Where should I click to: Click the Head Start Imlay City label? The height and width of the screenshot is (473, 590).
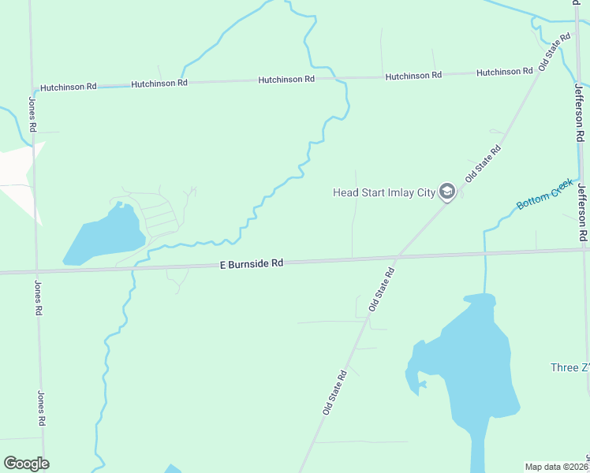pyautogui.click(x=383, y=192)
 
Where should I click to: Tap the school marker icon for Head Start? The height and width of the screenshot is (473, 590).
pyautogui.click(x=447, y=192)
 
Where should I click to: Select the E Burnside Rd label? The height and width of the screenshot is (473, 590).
pyautogui.click(x=251, y=264)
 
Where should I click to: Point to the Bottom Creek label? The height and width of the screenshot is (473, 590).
pyautogui.click(x=544, y=195)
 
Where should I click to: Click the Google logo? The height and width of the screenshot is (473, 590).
pyautogui.click(x=26, y=464)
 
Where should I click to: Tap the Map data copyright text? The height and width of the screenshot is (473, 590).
pyautogui.click(x=556, y=467)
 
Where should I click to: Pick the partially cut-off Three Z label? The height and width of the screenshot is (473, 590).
pyautogui.click(x=569, y=368)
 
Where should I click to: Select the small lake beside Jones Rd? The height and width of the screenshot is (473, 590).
pyautogui.click(x=104, y=234)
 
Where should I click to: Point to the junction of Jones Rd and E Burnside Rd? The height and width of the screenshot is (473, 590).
pyautogui.click(x=35, y=271)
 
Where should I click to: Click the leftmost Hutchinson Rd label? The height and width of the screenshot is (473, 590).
pyautogui.click(x=68, y=86)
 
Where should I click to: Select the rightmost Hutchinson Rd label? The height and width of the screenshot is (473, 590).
pyautogui.click(x=504, y=73)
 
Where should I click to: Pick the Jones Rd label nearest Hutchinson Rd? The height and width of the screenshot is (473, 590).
pyautogui.click(x=32, y=114)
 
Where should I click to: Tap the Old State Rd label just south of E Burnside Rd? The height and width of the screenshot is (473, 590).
pyautogui.click(x=380, y=288)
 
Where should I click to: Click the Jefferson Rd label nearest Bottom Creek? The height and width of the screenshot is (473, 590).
pyautogui.click(x=582, y=213)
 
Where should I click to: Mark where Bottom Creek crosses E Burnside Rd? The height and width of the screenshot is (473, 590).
pyautogui.click(x=484, y=252)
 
